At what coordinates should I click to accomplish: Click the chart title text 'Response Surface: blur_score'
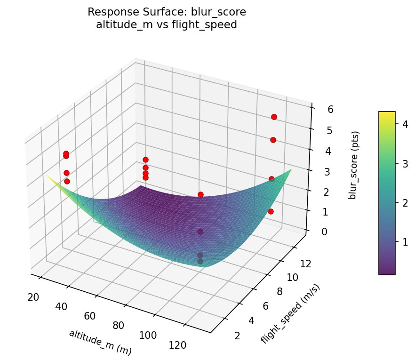pyautogui.click(x=167, y=12)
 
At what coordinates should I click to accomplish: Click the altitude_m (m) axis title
pyautogui.click(x=100, y=342)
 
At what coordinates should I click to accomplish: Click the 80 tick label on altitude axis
pyautogui.click(x=118, y=325)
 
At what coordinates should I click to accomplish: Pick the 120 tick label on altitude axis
pyautogui.click(x=177, y=345)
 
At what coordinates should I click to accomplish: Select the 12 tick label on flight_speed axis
pyautogui.click(x=305, y=264)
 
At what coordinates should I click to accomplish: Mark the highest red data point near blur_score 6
pyautogui.click(x=274, y=117)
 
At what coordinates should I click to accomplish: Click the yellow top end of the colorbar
pyautogui.click(x=387, y=113)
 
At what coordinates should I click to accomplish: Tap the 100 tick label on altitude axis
pyautogui.click(x=148, y=335)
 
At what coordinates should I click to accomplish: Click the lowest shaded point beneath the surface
pyautogui.click(x=200, y=261)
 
